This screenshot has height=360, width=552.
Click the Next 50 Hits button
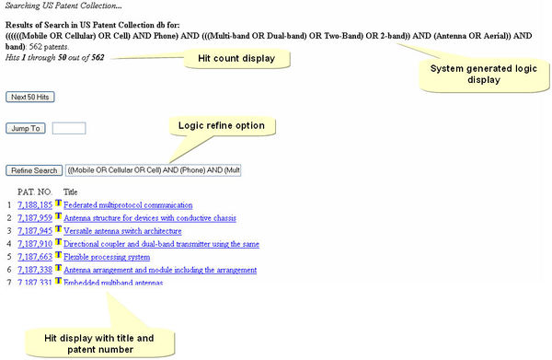(29, 96)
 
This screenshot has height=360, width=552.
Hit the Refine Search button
(35, 170)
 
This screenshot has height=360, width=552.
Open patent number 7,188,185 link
(34, 204)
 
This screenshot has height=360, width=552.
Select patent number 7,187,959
(34, 218)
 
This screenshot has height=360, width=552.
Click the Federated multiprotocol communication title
(127, 204)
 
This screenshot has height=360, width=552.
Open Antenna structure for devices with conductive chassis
(149, 218)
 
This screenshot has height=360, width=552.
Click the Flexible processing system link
(100, 257)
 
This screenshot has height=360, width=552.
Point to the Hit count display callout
(237, 59)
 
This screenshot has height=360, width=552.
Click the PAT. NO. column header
(36, 192)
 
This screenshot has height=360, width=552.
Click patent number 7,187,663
(34, 257)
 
